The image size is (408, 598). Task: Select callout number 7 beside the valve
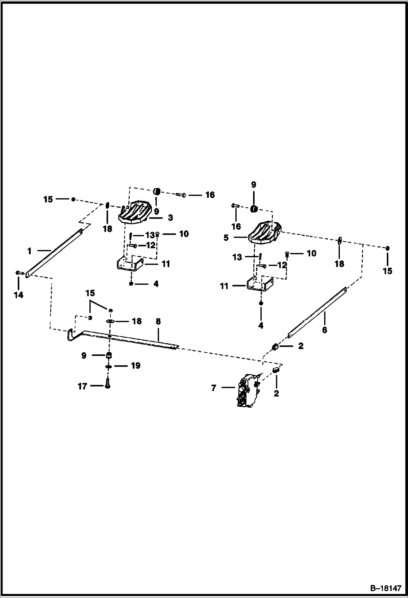click(x=214, y=388)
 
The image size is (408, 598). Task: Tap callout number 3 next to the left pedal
click(x=170, y=218)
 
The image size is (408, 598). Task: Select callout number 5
click(x=226, y=238)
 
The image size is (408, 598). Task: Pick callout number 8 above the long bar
click(x=158, y=321)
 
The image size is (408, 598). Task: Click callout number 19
click(x=136, y=366)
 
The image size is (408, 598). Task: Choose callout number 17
click(x=82, y=386)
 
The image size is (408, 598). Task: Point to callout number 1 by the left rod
click(x=29, y=251)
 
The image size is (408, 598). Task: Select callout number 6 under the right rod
click(x=324, y=330)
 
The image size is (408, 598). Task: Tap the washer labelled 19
click(x=109, y=367)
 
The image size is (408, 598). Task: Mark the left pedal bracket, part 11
click(x=129, y=264)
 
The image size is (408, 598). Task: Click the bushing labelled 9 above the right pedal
click(x=254, y=209)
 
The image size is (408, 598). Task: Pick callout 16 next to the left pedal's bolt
click(x=210, y=195)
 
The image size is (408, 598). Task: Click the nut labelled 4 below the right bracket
click(x=261, y=303)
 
